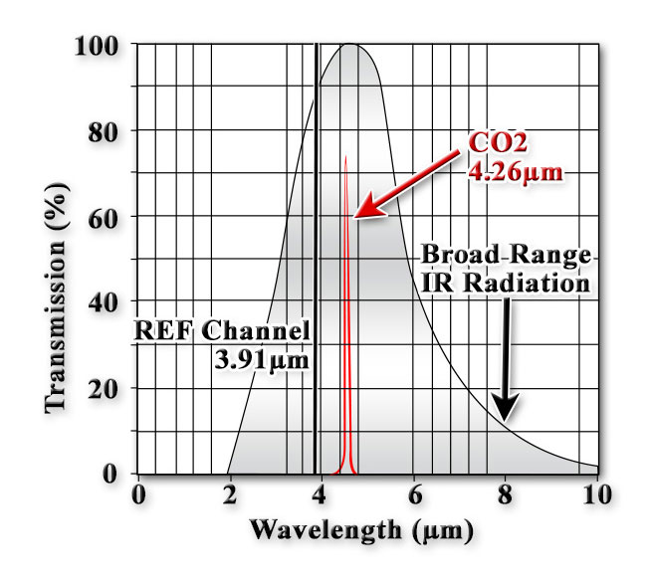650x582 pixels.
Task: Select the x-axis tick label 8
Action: tap(506, 493)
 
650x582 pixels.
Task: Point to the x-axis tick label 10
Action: tap(594, 493)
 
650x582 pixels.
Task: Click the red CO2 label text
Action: tap(500, 142)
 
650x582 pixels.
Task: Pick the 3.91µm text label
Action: tap(262, 357)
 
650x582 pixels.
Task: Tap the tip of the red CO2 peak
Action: tap(345, 157)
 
